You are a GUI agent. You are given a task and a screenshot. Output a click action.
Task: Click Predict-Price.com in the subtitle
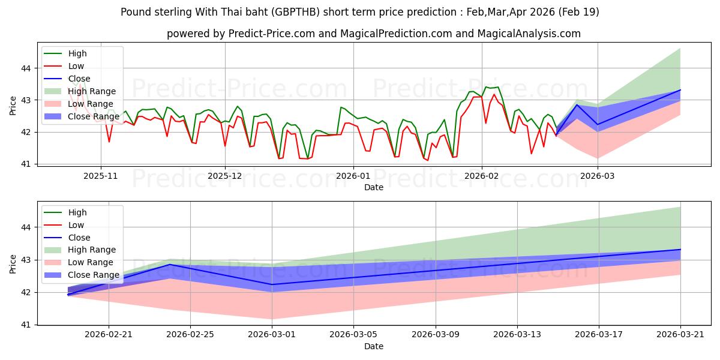tap(272, 34)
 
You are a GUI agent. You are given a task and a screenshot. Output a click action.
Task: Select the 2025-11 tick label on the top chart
tap(101, 176)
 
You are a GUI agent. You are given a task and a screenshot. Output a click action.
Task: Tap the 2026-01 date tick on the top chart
tap(353, 176)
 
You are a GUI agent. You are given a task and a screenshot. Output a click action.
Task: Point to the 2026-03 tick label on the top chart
tap(597, 176)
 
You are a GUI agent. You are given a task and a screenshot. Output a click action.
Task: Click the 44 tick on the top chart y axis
tap(26, 68)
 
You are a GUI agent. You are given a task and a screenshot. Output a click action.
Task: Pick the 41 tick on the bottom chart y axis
tap(26, 325)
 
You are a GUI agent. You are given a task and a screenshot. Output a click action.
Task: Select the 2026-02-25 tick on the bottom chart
tap(190, 335)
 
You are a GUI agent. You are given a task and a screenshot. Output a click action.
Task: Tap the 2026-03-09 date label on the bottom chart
tap(436, 335)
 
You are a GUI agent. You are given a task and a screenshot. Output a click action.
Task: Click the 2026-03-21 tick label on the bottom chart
tap(680, 335)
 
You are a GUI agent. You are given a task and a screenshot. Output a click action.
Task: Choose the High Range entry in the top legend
tap(80, 91)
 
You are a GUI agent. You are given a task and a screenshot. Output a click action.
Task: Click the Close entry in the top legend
tap(67, 79)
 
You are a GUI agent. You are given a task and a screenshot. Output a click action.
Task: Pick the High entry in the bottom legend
tap(65, 212)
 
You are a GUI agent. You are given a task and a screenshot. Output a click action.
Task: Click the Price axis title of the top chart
tap(13, 106)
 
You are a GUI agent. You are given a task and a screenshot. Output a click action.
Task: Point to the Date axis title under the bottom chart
tap(373, 346)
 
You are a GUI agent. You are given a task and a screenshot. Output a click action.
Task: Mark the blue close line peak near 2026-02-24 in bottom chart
tap(170, 265)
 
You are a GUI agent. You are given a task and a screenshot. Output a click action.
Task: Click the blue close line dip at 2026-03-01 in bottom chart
tap(272, 284)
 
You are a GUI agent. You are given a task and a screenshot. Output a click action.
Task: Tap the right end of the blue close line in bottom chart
tap(680, 250)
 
